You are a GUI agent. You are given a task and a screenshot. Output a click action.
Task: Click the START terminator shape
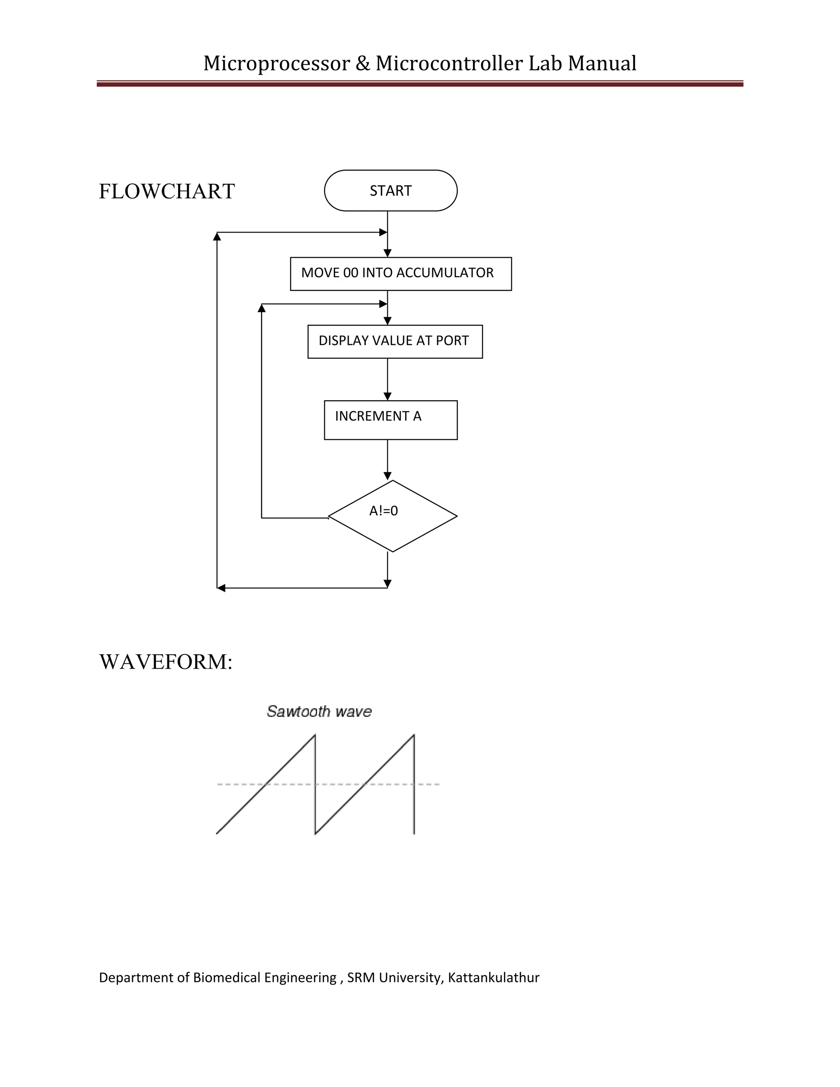tap(390, 191)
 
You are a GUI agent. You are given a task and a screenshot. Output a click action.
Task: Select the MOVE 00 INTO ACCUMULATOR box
tap(401, 274)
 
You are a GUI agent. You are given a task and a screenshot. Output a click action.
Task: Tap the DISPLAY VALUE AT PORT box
tap(395, 341)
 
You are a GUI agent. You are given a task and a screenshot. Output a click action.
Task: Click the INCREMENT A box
tap(390, 420)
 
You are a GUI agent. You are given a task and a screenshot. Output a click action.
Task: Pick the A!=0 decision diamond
tap(393, 516)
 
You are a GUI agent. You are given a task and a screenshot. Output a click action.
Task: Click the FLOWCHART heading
tap(167, 192)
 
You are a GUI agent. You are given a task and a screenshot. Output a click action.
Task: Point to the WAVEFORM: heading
tap(166, 662)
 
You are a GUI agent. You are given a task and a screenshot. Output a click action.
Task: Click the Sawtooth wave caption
tap(319, 711)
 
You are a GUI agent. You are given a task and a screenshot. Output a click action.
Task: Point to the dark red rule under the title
tap(420, 84)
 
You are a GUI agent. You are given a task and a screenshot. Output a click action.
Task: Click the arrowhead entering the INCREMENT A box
tap(388, 397)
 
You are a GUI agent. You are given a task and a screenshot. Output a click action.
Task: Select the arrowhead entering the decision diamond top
tap(388, 476)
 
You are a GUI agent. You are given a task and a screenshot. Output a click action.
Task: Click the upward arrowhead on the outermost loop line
tap(217, 236)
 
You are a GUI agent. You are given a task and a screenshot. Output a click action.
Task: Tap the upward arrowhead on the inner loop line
tap(262, 308)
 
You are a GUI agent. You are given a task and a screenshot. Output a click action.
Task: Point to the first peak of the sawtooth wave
tap(315, 735)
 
